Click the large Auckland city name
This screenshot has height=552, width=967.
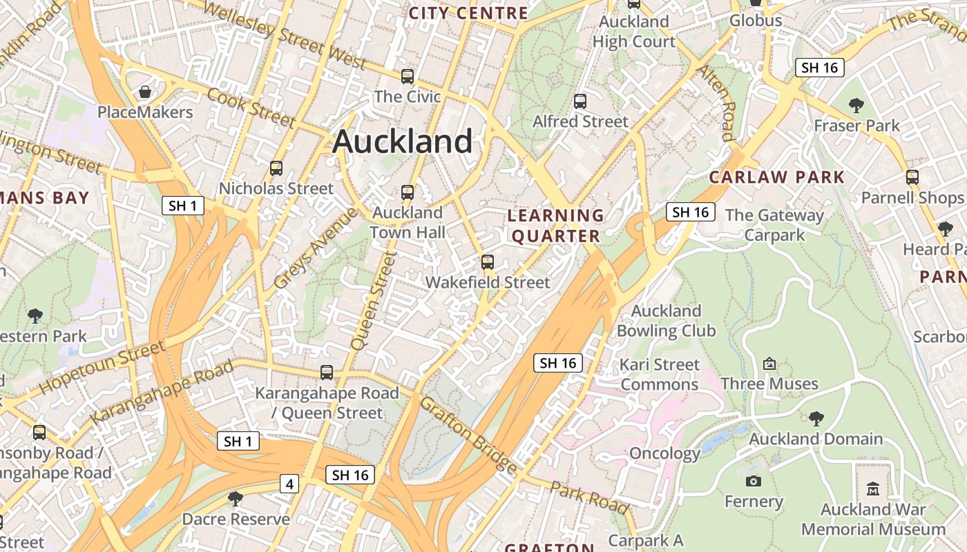pyautogui.click(x=402, y=142)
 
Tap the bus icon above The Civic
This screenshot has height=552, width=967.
pyautogui.click(x=408, y=77)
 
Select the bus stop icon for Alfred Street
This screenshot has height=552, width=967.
pyautogui.click(x=580, y=101)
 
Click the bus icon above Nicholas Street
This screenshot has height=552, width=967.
pyautogui.click(x=276, y=168)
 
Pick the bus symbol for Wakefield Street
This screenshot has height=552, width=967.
pyautogui.click(x=488, y=262)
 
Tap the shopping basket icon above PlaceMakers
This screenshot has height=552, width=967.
pyautogui.click(x=145, y=92)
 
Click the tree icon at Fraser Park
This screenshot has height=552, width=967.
pyautogui.click(x=856, y=106)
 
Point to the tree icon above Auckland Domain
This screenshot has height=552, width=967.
pyautogui.click(x=816, y=418)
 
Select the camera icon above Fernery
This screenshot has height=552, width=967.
pyautogui.click(x=754, y=481)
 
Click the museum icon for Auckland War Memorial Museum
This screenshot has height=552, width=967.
pyautogui.click(x=873, y=489)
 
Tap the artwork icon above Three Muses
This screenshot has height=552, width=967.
pyautogui.click(x=769, y=363)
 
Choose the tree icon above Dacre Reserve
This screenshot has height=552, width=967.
pyautogui.click(x=236, y=498)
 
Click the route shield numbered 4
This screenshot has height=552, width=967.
pyautogui.click(x=289, y=484)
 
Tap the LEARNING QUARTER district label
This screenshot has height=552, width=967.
pyautogui.click(x=555, y=226)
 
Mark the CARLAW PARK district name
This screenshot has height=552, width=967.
pyautogui.click(x=777, y=177)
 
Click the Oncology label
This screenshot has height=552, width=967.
pyautogui.click(x=664, y=454)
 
